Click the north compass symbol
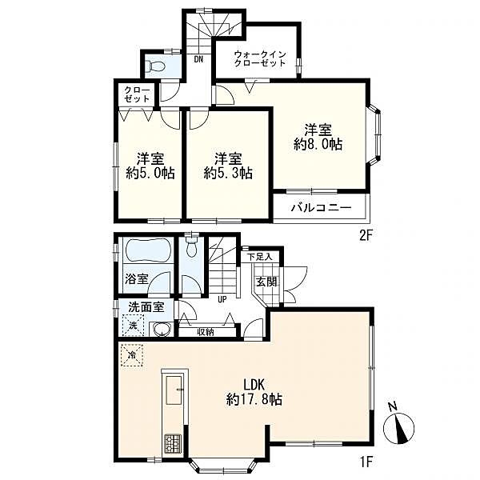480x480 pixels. pos(398,428)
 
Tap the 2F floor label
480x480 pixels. pos(365,236)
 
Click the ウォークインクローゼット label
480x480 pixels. pos(260,58)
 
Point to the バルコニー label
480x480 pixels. pos(321,208)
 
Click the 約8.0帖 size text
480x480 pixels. pos(318,145)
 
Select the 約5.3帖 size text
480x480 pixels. pos(228,174)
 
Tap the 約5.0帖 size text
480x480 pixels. pos(150,174)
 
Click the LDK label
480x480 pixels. pos(254,385)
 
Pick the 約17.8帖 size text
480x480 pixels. pos(254,399)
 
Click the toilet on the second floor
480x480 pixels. pos(155,66)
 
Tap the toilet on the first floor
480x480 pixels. pos(192,248)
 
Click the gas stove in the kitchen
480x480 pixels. pos(174,443)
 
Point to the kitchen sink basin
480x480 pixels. pos(174,390)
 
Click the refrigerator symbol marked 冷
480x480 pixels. pos(132,355)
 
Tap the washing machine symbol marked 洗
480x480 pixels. pos(133,326)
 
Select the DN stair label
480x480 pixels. pos(198,59)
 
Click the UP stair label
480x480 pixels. pos(222,300)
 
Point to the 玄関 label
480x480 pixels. pos(266,282)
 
